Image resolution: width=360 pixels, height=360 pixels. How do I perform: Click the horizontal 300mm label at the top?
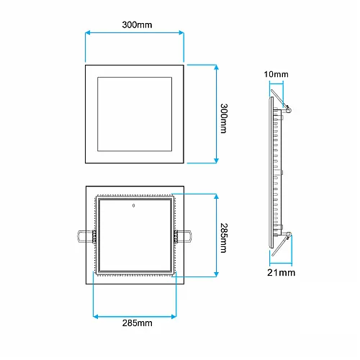(136, 24)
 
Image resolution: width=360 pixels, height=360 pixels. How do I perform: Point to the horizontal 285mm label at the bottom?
(136, 324)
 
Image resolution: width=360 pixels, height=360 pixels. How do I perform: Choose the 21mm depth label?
(281, 273)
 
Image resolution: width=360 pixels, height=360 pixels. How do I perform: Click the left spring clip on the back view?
(84, 235)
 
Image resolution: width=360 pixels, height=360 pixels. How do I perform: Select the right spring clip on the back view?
(183, 235)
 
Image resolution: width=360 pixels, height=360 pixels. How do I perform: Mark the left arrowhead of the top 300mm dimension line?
(88, 32)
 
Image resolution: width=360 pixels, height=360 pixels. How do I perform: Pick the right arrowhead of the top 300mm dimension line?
(183, 32)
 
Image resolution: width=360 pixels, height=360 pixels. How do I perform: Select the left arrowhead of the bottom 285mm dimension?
(96, 314)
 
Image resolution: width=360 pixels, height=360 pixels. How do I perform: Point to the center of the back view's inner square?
(135, 236)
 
